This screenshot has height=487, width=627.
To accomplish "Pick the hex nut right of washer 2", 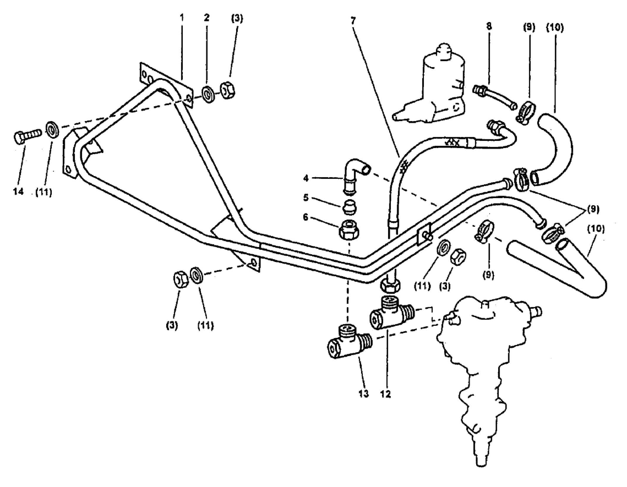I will [x=227, y=89].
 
